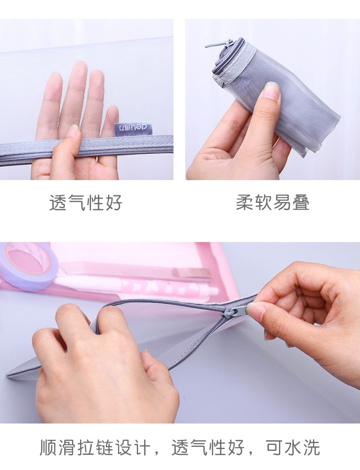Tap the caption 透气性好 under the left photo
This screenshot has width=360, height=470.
tap(86, 202)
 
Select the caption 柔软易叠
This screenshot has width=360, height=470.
tap(273, 202)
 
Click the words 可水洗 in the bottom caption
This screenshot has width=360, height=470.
tap(293, 448)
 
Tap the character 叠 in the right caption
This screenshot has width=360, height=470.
tap(300, 202)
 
